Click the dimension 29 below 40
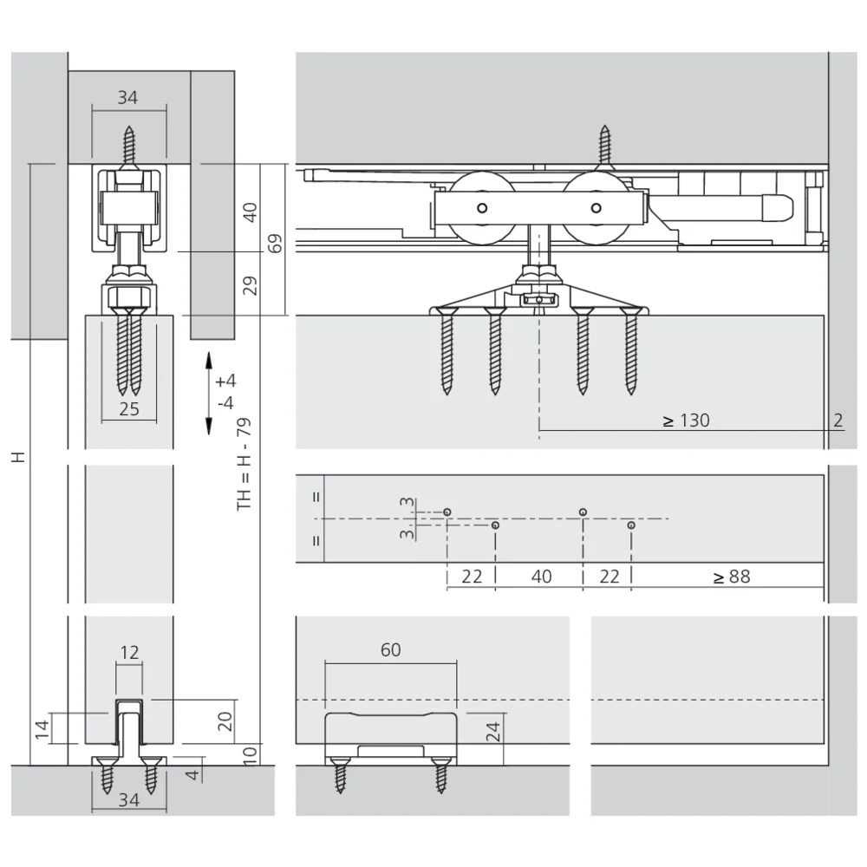coord(250,285)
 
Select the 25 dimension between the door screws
coord(129,409)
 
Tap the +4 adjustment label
coord(225,381)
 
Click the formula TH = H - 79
coord(244,464)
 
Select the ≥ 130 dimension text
coord(686,420)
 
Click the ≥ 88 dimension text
coord(732,577)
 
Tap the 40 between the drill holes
coord(540,577)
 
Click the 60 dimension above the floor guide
coord(390,649)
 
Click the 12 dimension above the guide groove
coord(128,654)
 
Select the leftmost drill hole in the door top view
coord(447,512)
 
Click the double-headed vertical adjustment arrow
coord(208,393)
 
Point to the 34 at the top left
coord(127,98)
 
